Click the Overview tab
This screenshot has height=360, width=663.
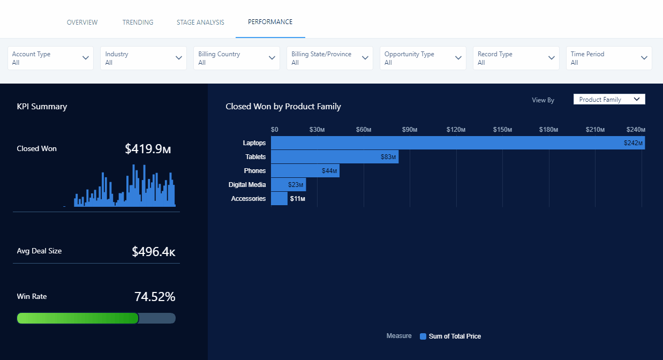pyautogui.click(x=82, y=22)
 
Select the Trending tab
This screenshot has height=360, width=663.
pyautogui.click(x=138, y=22)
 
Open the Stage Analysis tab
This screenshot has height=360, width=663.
pyautogui.click(x=200, y=22)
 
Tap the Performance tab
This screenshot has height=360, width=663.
pyautogui.click(x=270, y=22)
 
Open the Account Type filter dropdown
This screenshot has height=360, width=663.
pyautogui.click(x=50, y=58)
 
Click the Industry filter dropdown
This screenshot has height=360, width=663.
pyautogui.click(x=144, y=58)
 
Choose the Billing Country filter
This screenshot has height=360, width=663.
pyautogui.click(x=237, y=58)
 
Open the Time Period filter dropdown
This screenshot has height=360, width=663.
pyautogui.click(x=609, y=58)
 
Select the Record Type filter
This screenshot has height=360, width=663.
pyautogui.click(x=516, y=58)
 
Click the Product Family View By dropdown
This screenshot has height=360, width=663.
pyautogui.click(x=609, y=100)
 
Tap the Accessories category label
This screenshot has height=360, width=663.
pyautogui.click(x=248, y=199)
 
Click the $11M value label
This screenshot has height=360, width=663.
pyautogui.click(x=297, y=199)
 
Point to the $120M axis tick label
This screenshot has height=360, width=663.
pyautogui.click(x=456, y=130)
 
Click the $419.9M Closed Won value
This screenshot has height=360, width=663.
pyautogui.click(x=147, y=149)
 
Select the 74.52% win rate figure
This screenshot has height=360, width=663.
pyautogui.click(x=154, y=297)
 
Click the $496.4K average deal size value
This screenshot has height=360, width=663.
pyautogui.click(x=153, y=251)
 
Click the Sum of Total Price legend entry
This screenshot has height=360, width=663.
pyautogui.click(x=454, y=336)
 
